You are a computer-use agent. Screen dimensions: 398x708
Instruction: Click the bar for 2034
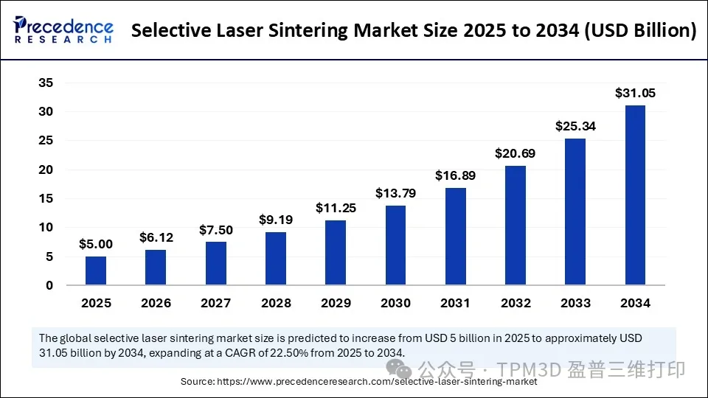pos(635,195)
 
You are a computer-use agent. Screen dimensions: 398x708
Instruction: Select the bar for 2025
pos(96,270)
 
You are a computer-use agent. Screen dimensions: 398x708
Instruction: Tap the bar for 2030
pos(395,245)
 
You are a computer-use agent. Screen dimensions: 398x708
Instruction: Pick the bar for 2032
pos(516,226)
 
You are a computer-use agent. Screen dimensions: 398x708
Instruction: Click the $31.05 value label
pos(635,94)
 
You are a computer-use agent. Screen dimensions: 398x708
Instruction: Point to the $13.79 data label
pos(395,193)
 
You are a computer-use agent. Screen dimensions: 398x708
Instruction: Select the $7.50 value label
pos(216,230)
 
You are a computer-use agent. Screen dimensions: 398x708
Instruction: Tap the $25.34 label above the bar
pos(575,127)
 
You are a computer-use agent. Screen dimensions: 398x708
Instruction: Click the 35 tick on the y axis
pos(46,83)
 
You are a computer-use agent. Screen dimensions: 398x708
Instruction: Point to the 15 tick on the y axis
pos(46,199)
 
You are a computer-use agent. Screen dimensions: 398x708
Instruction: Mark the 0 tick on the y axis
pos(49,286)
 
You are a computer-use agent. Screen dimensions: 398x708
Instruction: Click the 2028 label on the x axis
pos(276,303)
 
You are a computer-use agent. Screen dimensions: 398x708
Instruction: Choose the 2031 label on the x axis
pos(456,303)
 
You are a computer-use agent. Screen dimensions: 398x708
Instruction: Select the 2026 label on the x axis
pos(156,303)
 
